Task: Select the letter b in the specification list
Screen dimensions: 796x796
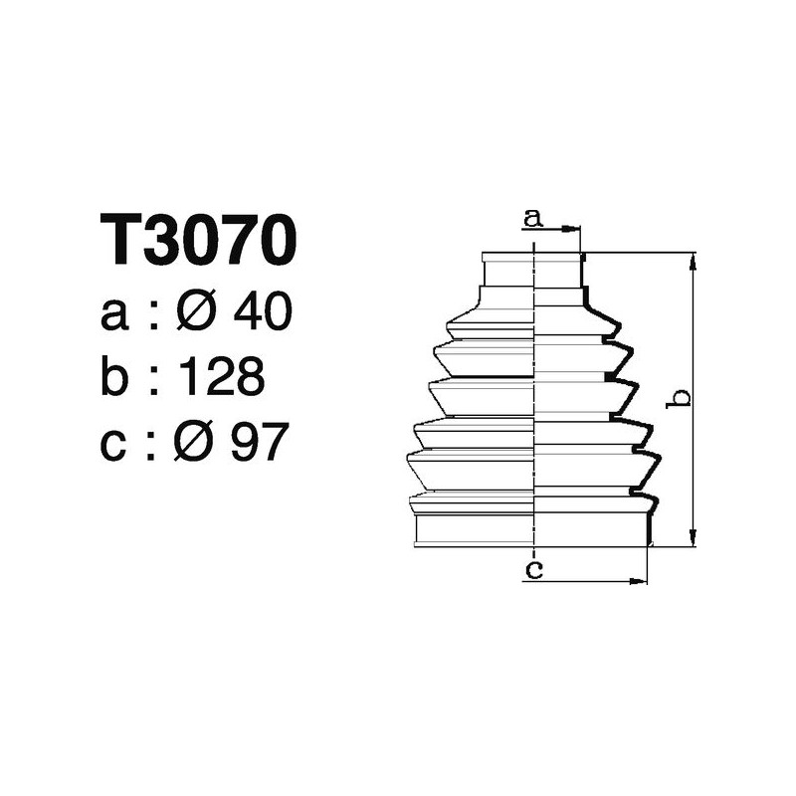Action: (x=115, y=377)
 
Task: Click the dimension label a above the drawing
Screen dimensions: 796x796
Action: (x=534, y=218)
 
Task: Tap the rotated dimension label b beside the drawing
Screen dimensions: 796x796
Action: (x=681, y=399)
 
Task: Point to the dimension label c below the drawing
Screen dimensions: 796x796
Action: (x=534, y=569)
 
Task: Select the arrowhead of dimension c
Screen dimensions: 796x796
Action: (x=642, y=580)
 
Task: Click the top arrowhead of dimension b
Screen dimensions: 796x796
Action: (x=693, y=259)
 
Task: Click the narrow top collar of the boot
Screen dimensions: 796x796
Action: (x=532, y=270)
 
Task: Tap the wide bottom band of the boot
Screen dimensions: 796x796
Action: (x=532, y=529)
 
